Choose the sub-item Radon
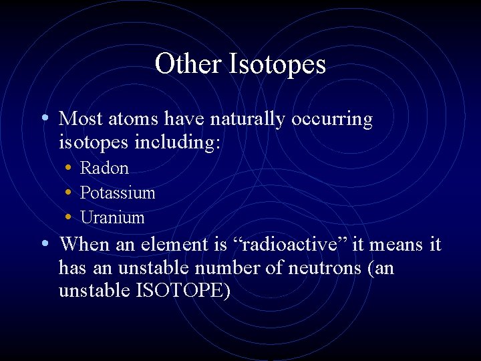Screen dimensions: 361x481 (x=104, y=168)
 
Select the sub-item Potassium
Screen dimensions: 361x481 (x=118, y=193)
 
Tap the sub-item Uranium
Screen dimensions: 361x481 (x=112, y=218)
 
